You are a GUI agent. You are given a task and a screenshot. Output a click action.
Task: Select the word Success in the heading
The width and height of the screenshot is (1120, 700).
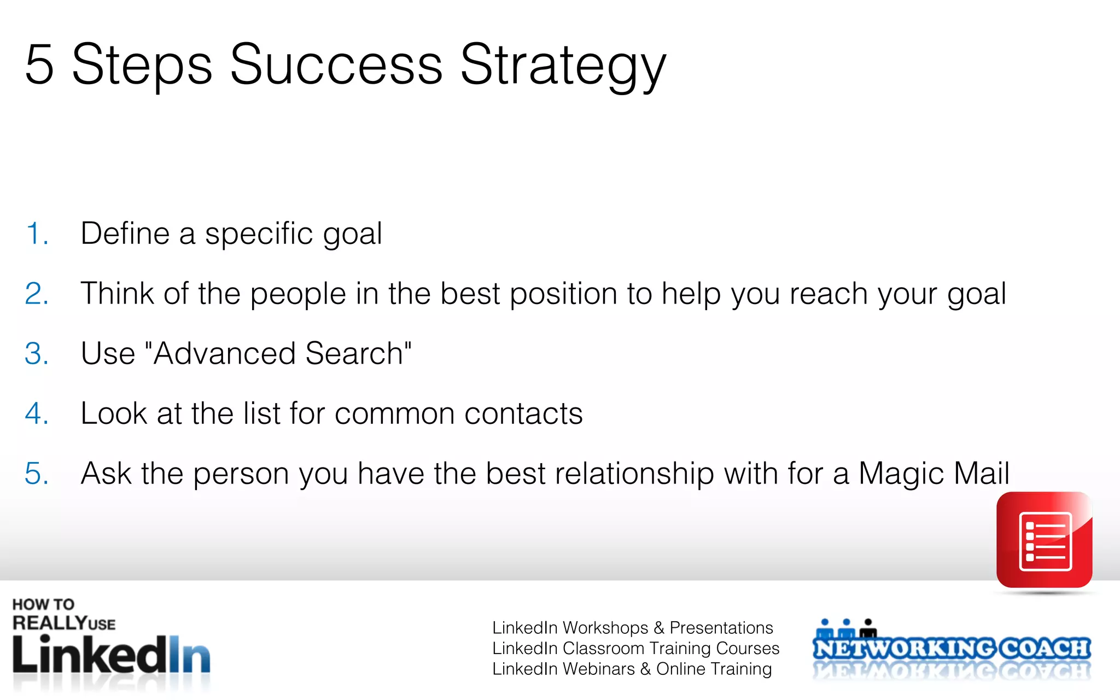click(336, 66)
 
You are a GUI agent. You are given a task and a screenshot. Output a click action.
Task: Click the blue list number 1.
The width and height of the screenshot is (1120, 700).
click(37, 234)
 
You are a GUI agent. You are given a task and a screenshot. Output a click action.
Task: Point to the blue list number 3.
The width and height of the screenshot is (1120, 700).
click(37, 354)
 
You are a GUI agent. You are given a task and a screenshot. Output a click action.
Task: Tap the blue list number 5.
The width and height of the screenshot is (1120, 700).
click(37, 474)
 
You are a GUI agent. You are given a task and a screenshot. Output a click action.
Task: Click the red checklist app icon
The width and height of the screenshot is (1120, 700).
click(1044, 540)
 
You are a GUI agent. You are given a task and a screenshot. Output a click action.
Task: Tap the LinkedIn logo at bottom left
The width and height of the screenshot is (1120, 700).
click(111, 655)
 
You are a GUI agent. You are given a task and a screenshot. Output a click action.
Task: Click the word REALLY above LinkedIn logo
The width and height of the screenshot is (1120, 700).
click(49, 623)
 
